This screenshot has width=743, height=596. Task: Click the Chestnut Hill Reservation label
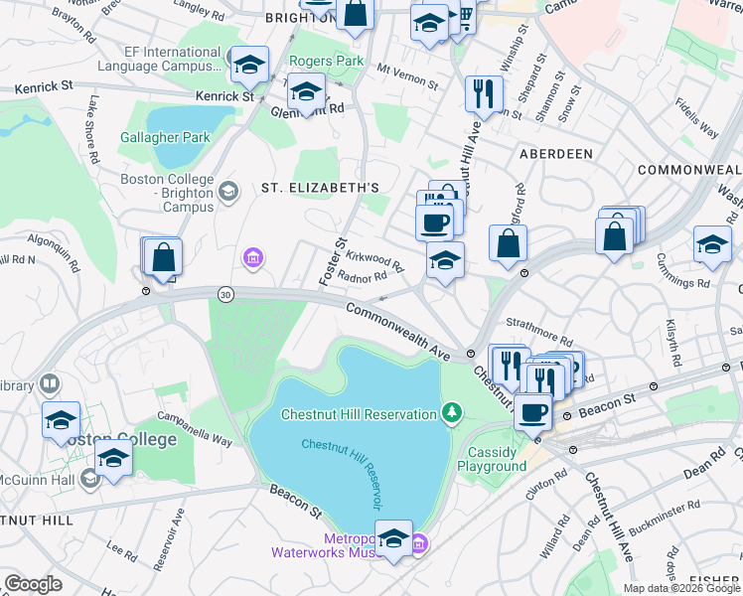point(359,414)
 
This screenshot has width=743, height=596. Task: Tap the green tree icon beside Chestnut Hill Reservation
point(452,412)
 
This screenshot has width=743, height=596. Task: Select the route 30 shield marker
point(226,294)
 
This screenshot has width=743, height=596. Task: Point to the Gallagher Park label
point(152,137)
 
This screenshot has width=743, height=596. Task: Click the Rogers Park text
point(327,62)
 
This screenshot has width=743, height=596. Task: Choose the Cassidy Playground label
point(497,459)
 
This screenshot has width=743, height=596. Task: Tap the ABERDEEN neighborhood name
point(556,154)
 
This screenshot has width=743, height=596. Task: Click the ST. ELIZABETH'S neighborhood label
point(320,188)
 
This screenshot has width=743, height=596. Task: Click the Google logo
point(33,584)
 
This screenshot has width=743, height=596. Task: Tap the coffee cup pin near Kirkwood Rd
point(434,223)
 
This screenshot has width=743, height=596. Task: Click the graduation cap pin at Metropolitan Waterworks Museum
point(393,538)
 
